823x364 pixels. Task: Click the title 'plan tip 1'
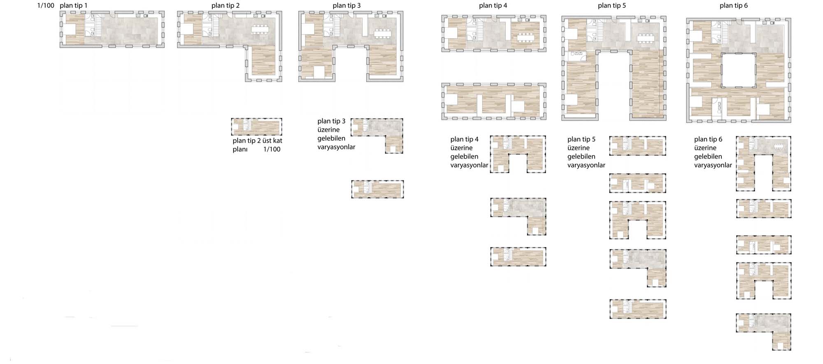(x=73, y=6)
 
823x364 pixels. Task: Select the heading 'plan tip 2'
(x=226, y=6)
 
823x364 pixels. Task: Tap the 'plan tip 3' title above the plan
(x=346, y=6)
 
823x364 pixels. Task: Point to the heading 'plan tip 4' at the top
(x=493, y=6)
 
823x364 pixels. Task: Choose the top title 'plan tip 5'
(x=612, y=6)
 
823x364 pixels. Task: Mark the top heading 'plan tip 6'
(x=734, y=6)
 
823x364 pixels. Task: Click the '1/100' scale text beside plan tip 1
(x=46, y=6)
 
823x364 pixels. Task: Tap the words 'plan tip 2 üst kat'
(x=257, y=141)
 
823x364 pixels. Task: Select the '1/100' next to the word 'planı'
(x=272, y=149)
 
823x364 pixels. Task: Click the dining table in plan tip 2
(x=260, y=29)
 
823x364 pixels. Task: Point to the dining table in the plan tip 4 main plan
(x=525, y=37)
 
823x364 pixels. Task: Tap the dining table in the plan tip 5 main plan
(x=645, y=38)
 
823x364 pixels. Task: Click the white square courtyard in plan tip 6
(x=739, y=70)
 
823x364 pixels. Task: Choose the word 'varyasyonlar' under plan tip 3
(x=336, y=147)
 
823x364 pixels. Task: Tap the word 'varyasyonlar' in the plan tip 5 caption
(x=586, y=165)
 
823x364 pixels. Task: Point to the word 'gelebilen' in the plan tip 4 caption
(x=464, y=156)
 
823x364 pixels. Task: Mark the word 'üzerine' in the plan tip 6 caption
(x=705, y=148)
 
